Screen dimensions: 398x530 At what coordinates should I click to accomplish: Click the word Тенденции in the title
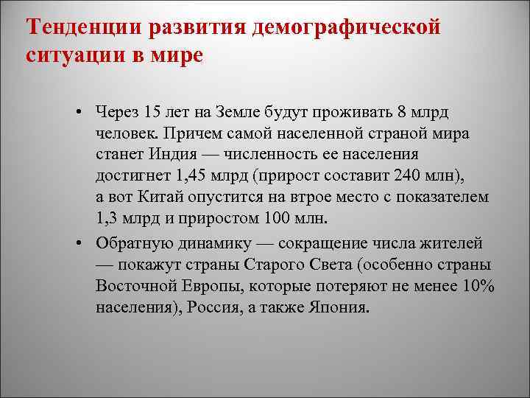(83, 27)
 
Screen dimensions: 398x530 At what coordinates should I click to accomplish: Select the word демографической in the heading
(346, 27)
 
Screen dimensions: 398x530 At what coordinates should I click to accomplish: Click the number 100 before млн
(272, 219)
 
